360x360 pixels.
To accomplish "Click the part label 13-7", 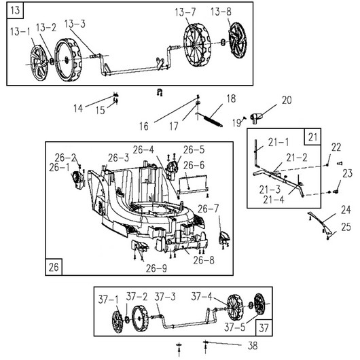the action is coord(185,12).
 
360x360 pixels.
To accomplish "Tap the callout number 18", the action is coord(231,98).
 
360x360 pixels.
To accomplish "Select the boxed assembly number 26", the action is coord(54,267).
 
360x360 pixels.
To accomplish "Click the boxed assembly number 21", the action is coord(312,137).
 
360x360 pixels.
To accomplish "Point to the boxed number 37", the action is coord(264,328).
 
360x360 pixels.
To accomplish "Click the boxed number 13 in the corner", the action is coord(15,11).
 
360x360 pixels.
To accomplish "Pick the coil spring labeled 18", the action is coord(210,119).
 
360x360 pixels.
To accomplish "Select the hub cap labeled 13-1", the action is coord(39,63).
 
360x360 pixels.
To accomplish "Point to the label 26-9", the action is coord(156,268).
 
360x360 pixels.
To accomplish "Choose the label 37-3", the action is coord(165,297).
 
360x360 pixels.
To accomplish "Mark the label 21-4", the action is coord(274,200).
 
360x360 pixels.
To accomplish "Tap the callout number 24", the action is coord(346,210).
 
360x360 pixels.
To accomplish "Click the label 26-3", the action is coord(118,158).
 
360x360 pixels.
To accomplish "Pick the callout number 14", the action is coord(78,109).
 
